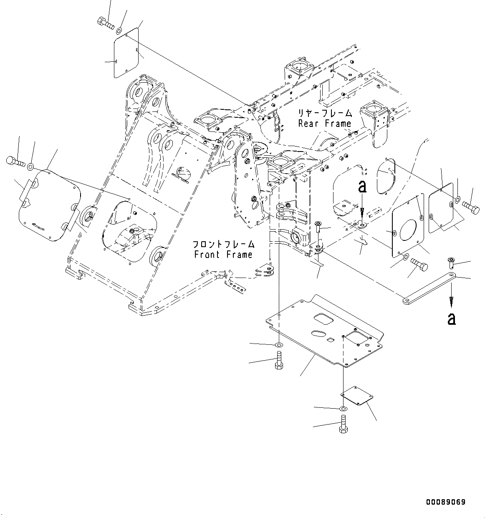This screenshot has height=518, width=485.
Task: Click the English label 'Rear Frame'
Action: coord(325,124)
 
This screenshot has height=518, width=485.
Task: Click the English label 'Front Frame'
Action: coord(223,255)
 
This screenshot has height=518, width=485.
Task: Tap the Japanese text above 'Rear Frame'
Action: coord(325,113)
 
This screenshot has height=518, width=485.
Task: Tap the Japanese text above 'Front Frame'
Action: coord(223,244)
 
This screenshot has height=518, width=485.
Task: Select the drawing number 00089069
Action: coord(445,502)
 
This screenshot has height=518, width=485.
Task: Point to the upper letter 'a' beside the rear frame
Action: coord(362,187)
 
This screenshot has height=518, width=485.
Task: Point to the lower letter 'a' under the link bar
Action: coord(451,319)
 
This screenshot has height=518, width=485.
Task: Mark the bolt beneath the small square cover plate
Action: coord(343,425)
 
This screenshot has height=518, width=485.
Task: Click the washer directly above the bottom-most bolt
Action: coord(343,408)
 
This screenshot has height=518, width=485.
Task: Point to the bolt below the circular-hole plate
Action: coord(419,265)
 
